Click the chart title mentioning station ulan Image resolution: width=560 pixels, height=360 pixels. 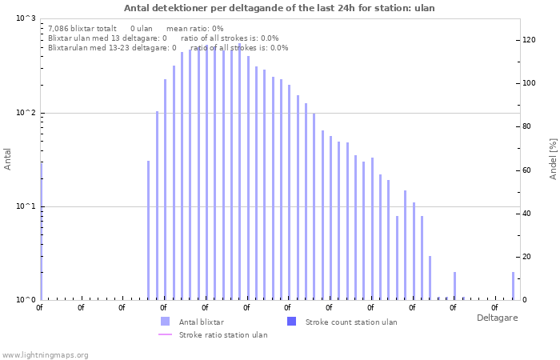coord(279,7)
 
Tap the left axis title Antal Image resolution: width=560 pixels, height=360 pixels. coord(8,158)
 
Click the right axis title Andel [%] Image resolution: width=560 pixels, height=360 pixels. coord(553,158)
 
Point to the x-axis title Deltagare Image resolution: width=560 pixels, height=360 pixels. coord(497,318)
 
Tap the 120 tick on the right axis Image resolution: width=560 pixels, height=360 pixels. coord(529,40)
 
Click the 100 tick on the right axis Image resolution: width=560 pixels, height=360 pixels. coord(529,83)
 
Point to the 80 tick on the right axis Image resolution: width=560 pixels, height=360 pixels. coord(526,126)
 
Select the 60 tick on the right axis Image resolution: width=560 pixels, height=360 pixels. coord(526,170)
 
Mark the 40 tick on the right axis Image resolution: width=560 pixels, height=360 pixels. coord(526,214)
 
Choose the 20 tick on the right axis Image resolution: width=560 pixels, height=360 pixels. coord(526,257)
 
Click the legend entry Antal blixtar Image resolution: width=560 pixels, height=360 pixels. coord(201,322)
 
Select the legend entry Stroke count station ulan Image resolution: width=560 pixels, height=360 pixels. coord(351,322)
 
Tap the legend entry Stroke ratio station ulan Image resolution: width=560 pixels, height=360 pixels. coord(223,334)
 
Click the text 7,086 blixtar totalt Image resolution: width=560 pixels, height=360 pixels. coord(82,28)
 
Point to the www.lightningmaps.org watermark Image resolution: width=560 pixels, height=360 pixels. coord(46,354)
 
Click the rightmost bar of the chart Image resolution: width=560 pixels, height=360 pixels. coord(513,286)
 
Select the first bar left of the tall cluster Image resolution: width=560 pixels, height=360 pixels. coord(148,230)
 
